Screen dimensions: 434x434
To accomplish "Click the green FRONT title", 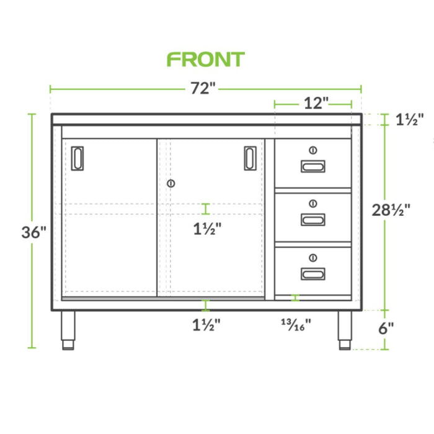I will (x=206, y=60).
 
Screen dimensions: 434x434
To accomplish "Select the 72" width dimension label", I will (x=202, y=89).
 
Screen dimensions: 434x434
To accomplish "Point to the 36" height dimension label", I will (x=34, y=232).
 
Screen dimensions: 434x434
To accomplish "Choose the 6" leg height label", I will (x=386, y=328).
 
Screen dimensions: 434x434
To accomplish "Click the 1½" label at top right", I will (x=409, y=120).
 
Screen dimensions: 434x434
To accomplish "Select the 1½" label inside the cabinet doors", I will (x=206, y=228).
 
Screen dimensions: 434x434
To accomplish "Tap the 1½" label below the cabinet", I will (x=206, y=323).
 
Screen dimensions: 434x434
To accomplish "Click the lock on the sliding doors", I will (x=171, y=184).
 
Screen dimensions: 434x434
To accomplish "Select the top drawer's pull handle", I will (x=312, y=166).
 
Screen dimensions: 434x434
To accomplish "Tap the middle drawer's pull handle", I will (x=312, y=219).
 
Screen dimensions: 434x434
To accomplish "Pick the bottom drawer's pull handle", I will (x=312, y=273).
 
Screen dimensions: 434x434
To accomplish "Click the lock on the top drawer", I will (x=312, y=149).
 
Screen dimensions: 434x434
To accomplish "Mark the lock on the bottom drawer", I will (x=312, y=257).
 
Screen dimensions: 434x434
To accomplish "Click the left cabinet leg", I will (x=68, y=330).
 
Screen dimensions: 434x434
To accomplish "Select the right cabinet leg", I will (x=344, y=330).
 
